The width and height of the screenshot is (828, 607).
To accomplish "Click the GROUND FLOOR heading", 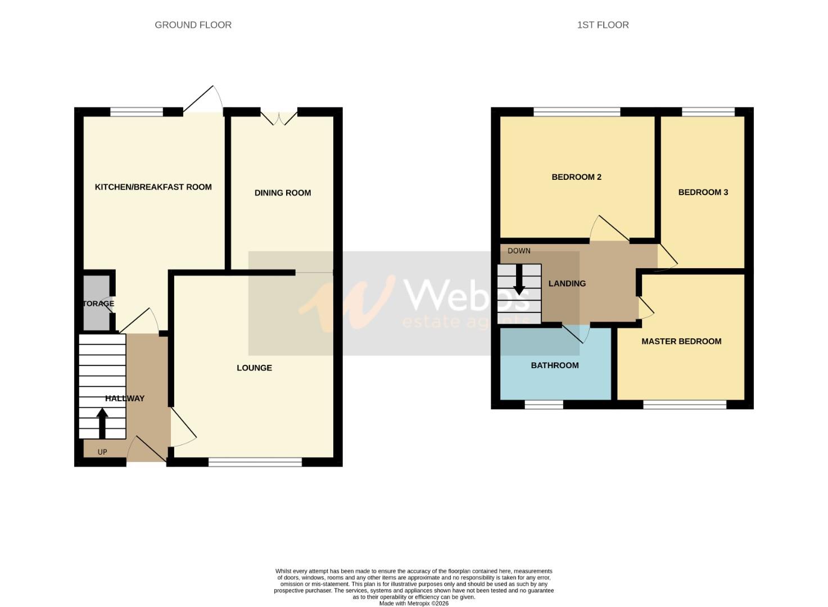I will (193, 25).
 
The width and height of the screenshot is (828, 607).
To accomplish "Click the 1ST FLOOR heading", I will (603, 25).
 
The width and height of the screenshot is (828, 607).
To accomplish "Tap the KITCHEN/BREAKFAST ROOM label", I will (153, 187).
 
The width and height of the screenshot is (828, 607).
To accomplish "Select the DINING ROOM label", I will (282, 193).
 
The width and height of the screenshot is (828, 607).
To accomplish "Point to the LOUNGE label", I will (254, 368).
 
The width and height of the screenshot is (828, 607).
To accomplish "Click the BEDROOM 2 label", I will (576, 177).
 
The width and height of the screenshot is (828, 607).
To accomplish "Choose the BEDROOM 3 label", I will (703, 192).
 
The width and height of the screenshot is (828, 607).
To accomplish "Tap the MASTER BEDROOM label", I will (681, 341).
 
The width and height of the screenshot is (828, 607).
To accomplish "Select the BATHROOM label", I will (554, 365).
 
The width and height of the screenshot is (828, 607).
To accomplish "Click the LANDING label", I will (567, 283).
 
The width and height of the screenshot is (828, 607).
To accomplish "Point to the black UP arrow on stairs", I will (102, 423).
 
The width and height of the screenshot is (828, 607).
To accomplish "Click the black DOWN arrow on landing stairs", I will (519, 279).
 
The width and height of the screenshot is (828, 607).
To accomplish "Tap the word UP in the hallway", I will (102, 452).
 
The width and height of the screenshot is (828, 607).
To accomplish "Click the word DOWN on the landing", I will (518, 251).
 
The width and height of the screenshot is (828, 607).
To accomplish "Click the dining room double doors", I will (279, 117).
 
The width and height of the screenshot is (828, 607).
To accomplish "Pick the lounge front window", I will (255, 462).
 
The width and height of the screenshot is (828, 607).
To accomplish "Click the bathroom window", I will (544, 404).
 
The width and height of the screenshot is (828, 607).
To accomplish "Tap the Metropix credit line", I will (414, 604).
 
